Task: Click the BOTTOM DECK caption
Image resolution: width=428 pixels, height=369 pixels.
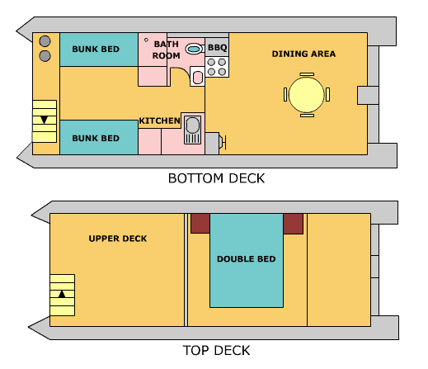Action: (216, 178)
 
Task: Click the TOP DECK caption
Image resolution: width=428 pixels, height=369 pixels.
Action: (215, 350)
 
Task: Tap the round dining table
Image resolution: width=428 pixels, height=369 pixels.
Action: (306, 94)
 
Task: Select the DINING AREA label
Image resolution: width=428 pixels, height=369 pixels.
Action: (303, 54)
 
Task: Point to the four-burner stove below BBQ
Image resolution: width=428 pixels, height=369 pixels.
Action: (217, 67)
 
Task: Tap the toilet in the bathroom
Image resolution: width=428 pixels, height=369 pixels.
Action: (193, 50)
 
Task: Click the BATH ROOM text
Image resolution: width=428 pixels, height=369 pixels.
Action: (166, 50)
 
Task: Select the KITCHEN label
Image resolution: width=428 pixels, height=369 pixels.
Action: (159, 121)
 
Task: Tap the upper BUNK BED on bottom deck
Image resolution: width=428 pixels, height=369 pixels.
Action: (95, 50)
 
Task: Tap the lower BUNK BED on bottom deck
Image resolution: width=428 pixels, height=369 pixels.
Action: (95, 137)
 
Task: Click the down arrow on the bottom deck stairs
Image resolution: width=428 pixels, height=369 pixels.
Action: (44, 120)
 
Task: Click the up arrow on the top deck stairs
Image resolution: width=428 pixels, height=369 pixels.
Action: (60, 293)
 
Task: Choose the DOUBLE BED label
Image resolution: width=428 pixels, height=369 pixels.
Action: (246, 259)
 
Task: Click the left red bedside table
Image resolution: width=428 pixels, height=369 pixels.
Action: (200, 223)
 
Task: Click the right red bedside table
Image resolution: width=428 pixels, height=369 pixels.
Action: (294, 223)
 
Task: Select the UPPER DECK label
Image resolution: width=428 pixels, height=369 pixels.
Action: (117, 239)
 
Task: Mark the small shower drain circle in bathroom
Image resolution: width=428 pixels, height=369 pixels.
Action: (147, 39)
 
